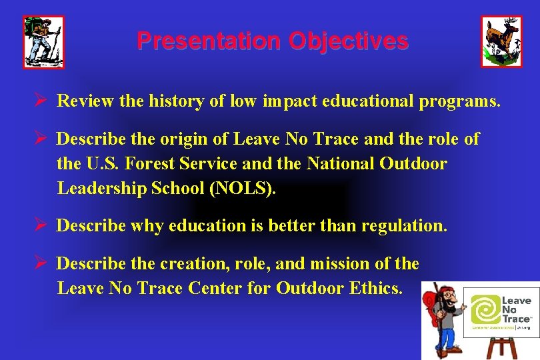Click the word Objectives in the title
tap(348, 41)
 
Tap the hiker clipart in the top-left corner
tap(44, 42)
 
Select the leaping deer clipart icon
tap(501, 41)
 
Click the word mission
tap(351, 264)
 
